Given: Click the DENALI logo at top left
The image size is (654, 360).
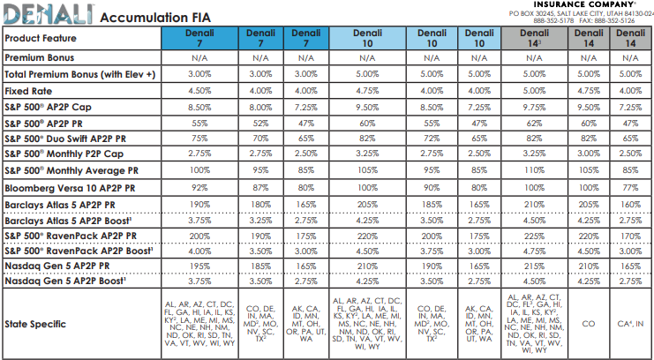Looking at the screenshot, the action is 48,14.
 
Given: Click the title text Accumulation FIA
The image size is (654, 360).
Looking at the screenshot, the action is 155,18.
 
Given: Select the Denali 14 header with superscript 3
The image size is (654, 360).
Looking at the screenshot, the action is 534,38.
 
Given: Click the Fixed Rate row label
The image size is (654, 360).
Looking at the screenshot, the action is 28,91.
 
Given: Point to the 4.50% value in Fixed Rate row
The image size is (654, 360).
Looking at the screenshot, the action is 199,91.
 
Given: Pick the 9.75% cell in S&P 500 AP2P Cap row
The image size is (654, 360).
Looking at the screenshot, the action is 534,108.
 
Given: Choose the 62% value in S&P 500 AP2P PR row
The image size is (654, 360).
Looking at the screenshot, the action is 534,124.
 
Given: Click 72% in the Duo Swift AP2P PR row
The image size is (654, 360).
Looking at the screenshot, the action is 432,139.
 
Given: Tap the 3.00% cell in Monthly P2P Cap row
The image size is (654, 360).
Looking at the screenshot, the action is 589,154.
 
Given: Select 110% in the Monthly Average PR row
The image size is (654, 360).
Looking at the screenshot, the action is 534,170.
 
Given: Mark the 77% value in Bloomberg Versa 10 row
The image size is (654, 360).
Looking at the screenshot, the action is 630,188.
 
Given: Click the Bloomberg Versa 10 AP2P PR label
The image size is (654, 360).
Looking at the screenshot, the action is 70,188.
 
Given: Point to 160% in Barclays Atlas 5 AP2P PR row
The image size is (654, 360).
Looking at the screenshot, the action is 630,205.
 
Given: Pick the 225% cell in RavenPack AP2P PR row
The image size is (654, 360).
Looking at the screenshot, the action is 534,236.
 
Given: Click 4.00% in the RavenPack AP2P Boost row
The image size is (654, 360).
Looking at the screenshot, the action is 199,251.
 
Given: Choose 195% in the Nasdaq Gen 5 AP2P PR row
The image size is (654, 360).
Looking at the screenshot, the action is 199,266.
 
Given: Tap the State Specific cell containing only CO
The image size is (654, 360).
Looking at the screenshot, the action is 589,324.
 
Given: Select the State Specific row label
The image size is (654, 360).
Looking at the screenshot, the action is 35,324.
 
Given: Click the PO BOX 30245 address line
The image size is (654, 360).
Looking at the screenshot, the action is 581,14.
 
